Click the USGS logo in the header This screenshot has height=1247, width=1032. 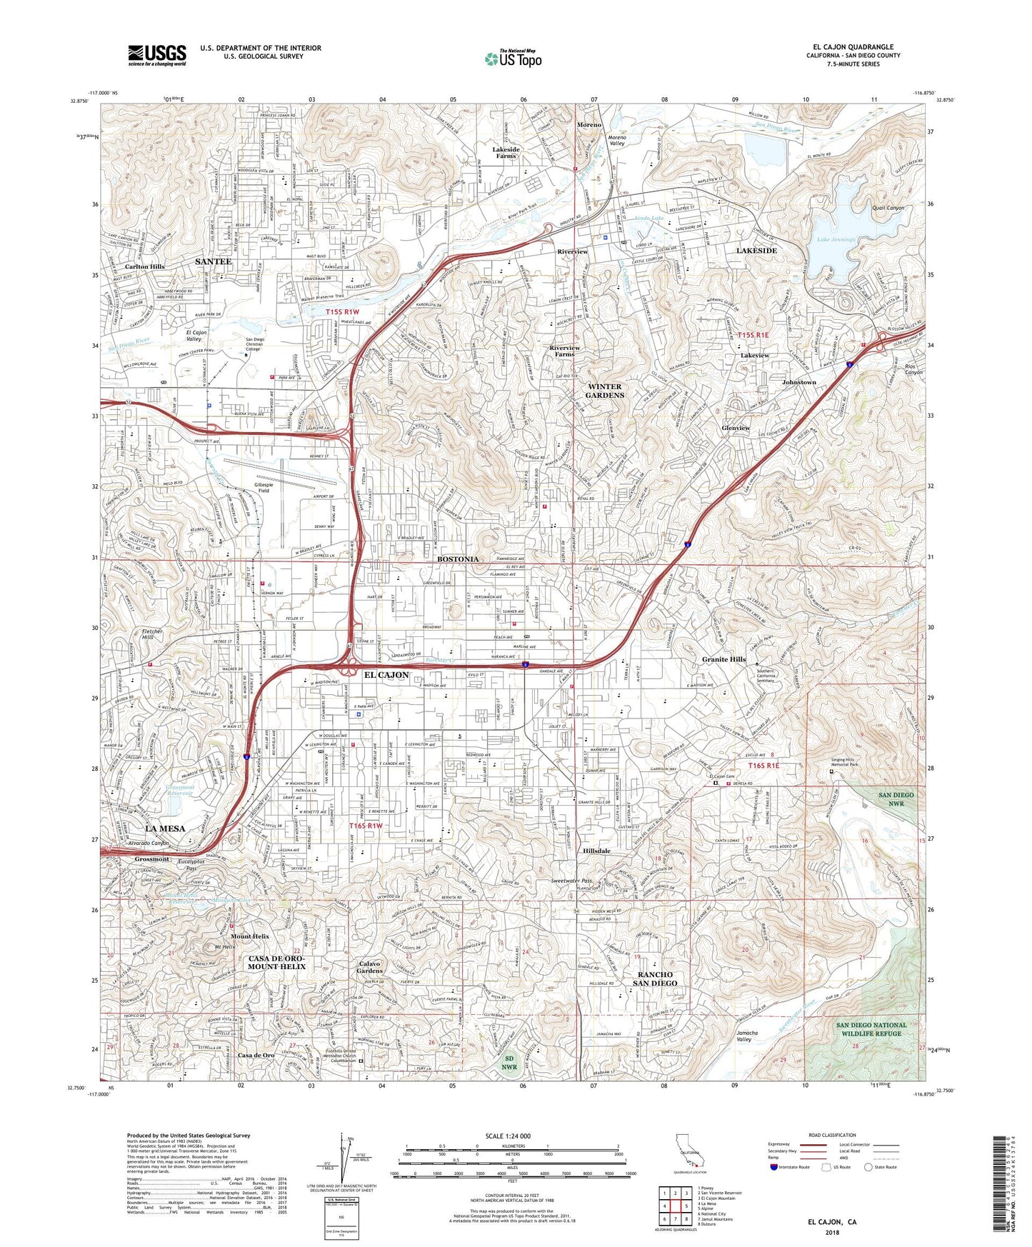coord(157,55)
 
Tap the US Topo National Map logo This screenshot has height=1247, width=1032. coord(513,59)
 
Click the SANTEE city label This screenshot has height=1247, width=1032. coord(213,262)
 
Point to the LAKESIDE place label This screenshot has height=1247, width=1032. coord(756,251)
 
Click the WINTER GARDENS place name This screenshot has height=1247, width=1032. coord(604,391)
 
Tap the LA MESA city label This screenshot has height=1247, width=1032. coord(165,828)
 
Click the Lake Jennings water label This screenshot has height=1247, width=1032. coord(836,240)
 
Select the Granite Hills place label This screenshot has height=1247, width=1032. coord(723,659)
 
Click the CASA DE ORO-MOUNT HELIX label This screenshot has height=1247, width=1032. coord(276,961)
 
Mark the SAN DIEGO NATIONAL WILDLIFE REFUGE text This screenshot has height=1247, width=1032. coord(871,1028)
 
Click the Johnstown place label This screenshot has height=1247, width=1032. coord(798,382)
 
